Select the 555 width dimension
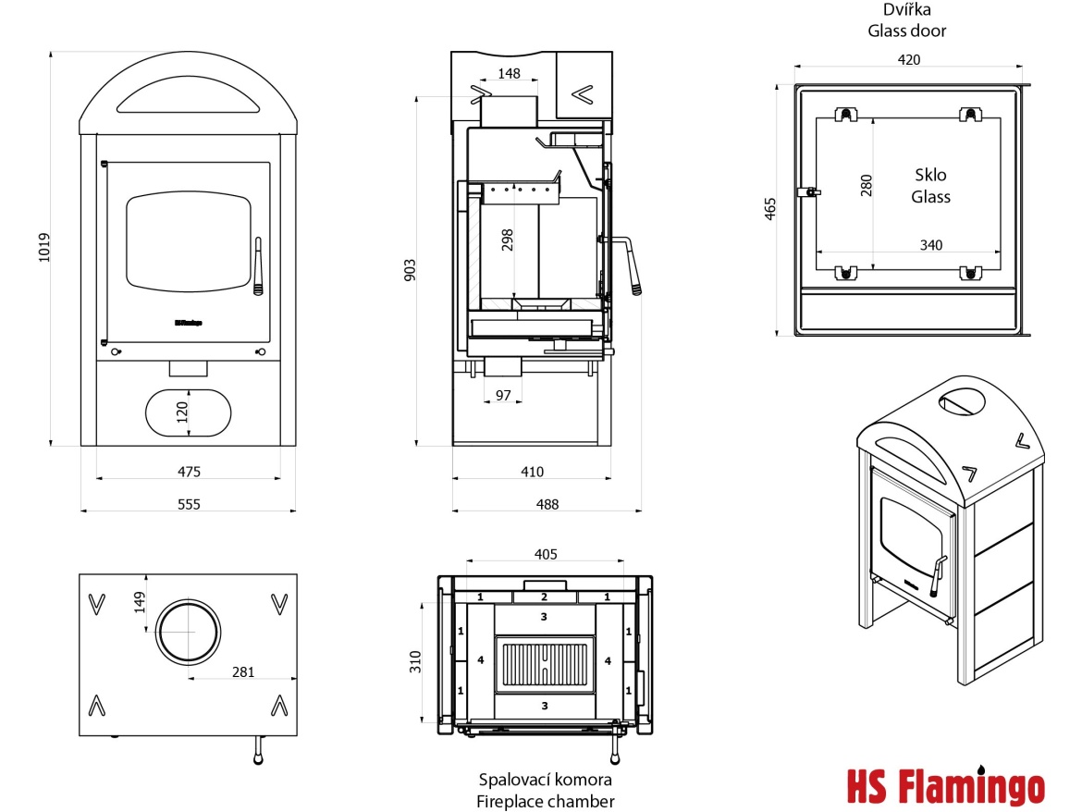click(189, 504)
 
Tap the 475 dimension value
click(189, 472)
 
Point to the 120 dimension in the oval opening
click(182, 411)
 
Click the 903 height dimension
click(411, 269)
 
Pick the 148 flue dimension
click(509, 73)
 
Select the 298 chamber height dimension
click(506, 240)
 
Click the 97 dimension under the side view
click(503, 395)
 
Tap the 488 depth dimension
click(547, 504)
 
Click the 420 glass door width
click(909, 59)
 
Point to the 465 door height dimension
click(771, 209)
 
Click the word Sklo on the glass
click(930, 175)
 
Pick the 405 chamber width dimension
click(546, 554)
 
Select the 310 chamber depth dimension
click(415, 661)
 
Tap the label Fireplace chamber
click(546, 801)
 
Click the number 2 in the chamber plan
click(545, 597)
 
